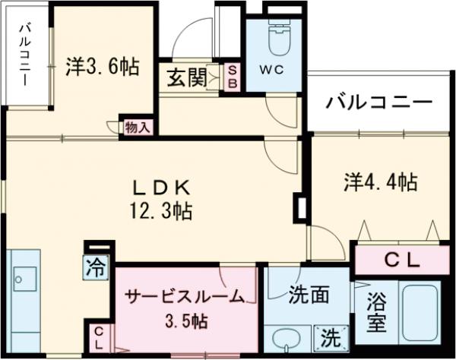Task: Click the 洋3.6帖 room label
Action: coord(102,68)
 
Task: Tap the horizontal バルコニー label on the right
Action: coord(380,103)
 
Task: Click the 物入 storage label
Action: coord(138,127)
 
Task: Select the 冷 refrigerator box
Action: coord(96,267)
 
